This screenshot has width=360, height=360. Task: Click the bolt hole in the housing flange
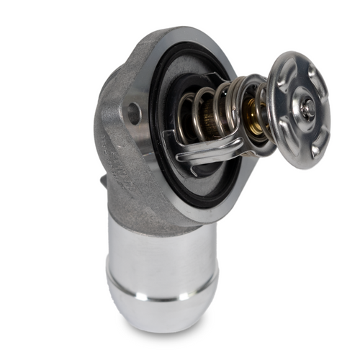point(134,112)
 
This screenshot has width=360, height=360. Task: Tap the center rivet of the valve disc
point(307,109)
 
